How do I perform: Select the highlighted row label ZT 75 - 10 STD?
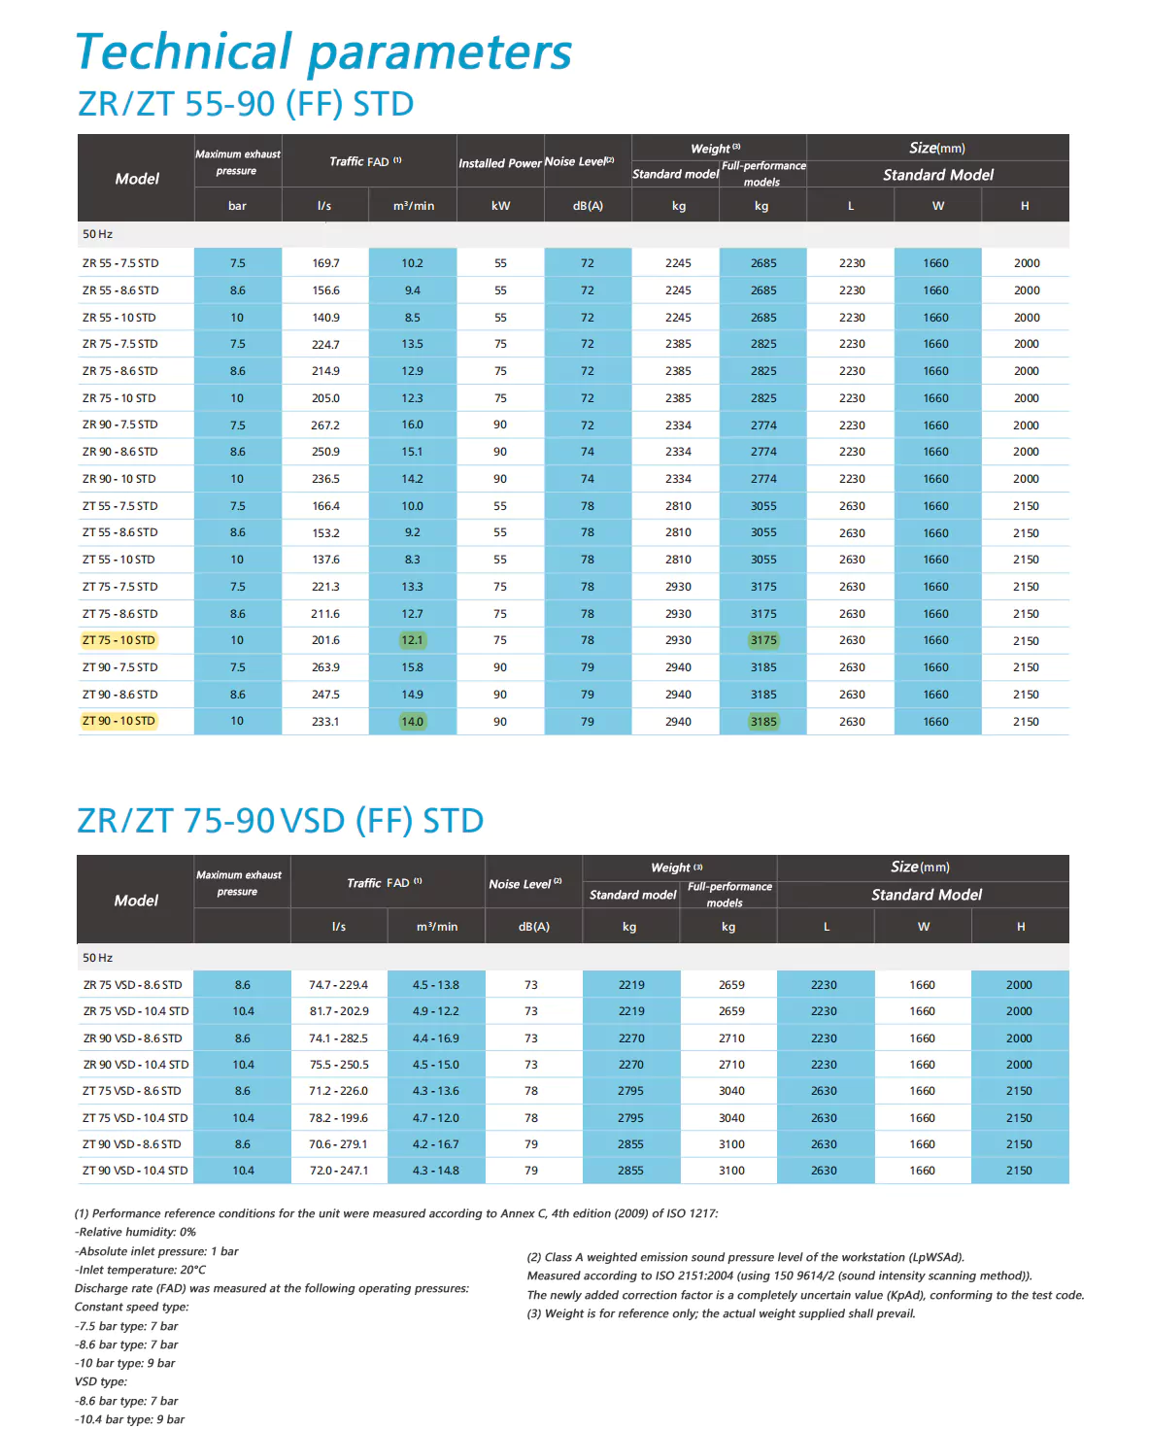(118, 640)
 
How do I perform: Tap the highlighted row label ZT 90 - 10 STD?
(118, 721)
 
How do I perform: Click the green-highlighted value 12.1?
(412, 640)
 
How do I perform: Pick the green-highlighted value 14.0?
(412, 722)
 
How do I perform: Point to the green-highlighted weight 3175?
(763, 640)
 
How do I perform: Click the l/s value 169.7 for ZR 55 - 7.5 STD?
(325, 263)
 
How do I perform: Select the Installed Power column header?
(499, 163)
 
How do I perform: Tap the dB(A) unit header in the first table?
(588, 206)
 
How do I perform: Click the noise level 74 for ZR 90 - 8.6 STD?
(588, 452)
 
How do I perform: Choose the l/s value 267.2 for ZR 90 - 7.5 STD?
(325, 425)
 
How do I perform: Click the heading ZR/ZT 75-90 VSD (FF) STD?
(280, 821)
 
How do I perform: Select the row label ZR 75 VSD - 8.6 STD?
(132, 985)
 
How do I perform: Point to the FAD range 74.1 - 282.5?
(339, 1038)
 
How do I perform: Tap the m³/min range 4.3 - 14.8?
(436, 1171)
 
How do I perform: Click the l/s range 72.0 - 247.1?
(339, 1171)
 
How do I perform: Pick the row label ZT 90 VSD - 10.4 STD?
(135, 1171)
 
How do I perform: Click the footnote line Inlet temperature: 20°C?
(141, 1270)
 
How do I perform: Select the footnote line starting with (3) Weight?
(721, 1313)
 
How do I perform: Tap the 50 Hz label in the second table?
(97, 958)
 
